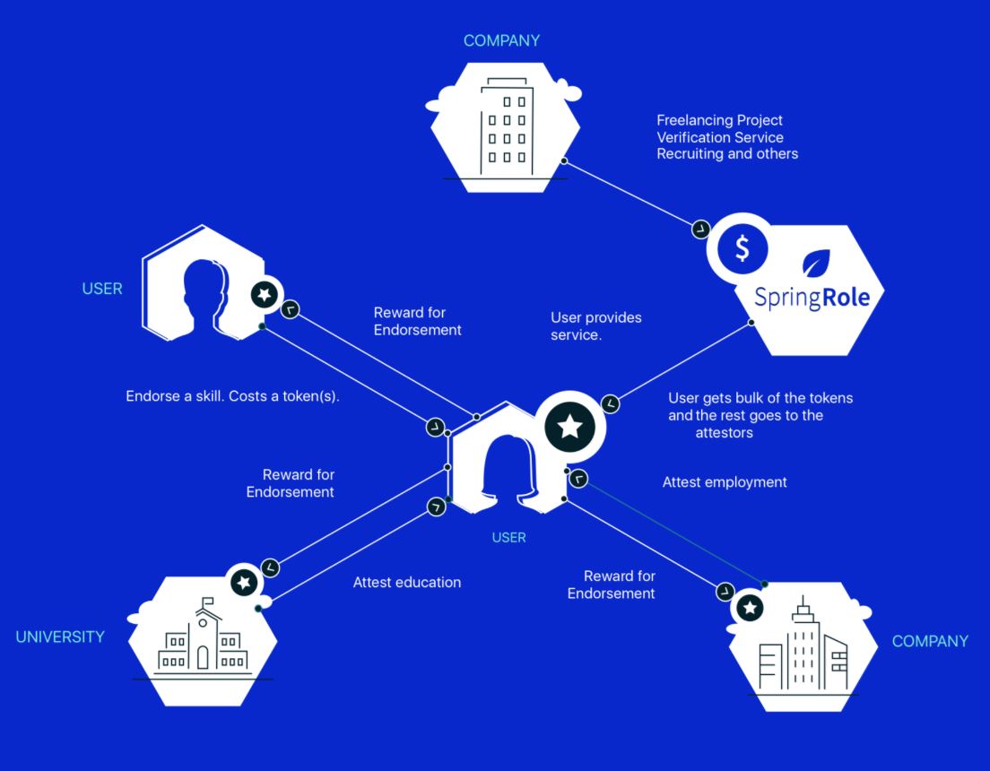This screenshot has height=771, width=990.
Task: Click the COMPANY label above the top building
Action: click(501, 41)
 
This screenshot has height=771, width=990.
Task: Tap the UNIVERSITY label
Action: click(60, 637)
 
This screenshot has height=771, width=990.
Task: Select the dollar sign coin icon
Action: click(742, 248)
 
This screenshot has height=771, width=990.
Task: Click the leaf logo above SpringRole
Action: click(816, 263)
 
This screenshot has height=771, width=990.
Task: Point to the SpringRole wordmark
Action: click(812, 298)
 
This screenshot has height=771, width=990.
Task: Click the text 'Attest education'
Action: click(406, 582)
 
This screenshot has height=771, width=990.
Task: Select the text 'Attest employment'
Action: click(725, 482)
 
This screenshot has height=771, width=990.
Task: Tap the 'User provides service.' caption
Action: click(595, 325)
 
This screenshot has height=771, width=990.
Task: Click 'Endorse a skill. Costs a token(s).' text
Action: click(232, 396)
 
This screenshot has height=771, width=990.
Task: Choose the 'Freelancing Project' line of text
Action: click(719, 120)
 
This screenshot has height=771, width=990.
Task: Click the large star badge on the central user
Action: click(570, 427)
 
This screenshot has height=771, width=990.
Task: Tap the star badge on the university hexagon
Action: click(244, 582)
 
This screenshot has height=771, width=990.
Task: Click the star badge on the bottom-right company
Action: click(750, 608)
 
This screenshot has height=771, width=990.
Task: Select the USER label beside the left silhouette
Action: click(101, 289)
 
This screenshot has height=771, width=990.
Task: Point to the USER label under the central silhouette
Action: click(508, 537)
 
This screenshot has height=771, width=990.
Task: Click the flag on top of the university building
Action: click(207, 602)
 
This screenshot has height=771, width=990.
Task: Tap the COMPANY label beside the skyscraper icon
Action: click(930, 641)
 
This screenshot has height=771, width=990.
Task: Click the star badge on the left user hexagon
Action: click(264, 294)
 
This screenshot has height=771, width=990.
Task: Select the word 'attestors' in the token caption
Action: click(725, 432)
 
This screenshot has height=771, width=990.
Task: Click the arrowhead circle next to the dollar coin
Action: click(701, 230)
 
